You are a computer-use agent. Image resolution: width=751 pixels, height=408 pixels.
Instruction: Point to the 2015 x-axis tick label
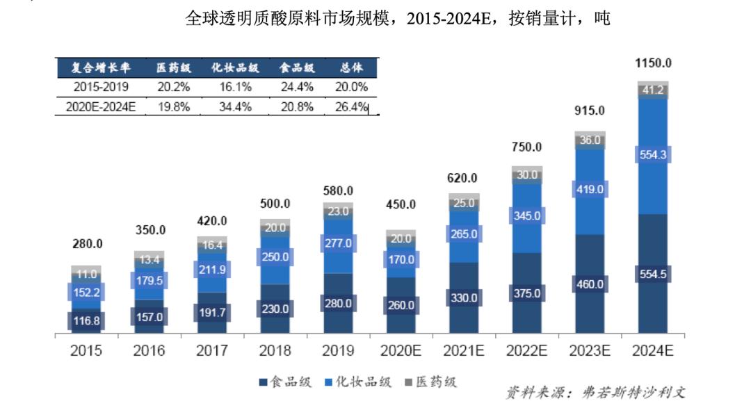[x=86, y=351]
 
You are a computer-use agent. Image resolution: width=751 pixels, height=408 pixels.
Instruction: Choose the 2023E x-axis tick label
[x=590, y=351]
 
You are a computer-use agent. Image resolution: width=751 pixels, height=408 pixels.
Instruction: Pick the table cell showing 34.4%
[x=235, y=107]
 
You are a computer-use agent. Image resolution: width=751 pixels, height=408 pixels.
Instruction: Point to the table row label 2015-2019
[x=101, y=88]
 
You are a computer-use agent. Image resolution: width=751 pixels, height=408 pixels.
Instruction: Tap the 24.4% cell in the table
[x=298, y=88]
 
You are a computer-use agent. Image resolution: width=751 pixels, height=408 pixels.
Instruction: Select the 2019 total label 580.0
[x=338, y=190]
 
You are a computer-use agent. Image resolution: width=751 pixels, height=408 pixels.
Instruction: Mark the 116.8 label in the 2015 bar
[x=86, y=321]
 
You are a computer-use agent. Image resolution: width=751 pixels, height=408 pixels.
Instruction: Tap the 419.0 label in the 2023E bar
[x=590, y=189]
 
